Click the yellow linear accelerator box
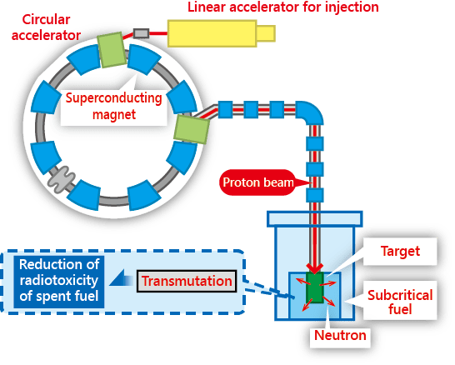(x=221, y=33)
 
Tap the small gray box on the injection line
(x=142, y=33)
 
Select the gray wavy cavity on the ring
(x=62, y=179)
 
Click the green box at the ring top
(x=112, y=50)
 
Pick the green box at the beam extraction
(x=192, y=129)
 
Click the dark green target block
(x=315, y=287)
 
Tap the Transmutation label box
(x=187, y=281)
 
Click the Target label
(x=400, y=252)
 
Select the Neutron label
(x=340, y=335)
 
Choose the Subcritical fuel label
(x=400, y=302)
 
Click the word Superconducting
(x=113, y=98)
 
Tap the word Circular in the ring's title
(x=46, y=20)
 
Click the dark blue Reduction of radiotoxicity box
(x=59, y=281)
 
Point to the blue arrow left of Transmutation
(x=121, y=278)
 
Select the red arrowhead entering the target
(x=315, y=268)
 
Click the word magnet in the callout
(x=113, y=115)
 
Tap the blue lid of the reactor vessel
(x=315, y=219)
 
